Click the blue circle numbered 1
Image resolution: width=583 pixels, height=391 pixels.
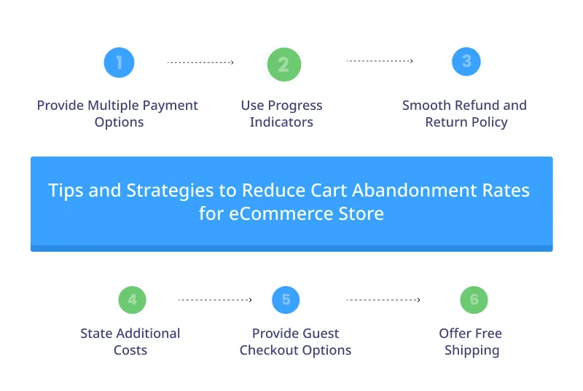[x=119, y=63]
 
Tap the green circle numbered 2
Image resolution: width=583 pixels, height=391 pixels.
[x=283, y=64]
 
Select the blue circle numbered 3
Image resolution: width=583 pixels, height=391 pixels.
[x=466, y=62]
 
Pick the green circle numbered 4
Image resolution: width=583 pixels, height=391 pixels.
[x=132, y=299]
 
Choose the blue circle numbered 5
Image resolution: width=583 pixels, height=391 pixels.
[x=286, y=299]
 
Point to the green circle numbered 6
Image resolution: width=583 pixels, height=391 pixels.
[x=474, y=299]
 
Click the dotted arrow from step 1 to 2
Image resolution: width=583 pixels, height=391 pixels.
[x=200, y=63]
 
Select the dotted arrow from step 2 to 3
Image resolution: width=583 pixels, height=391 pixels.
[x=380, y=61]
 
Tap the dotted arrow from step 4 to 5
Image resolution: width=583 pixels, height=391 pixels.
[x=215, y=299]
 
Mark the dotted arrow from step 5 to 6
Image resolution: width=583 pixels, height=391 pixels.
[x=383, y=299]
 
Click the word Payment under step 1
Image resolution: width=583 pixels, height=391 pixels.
[x=171, y=106]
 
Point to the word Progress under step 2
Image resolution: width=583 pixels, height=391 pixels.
[x=294, y=106]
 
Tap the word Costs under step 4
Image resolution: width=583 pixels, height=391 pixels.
[x=130, y=350]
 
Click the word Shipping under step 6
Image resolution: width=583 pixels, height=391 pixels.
[x=472, y=350]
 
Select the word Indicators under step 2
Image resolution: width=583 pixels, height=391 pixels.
[x=281, y=122]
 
